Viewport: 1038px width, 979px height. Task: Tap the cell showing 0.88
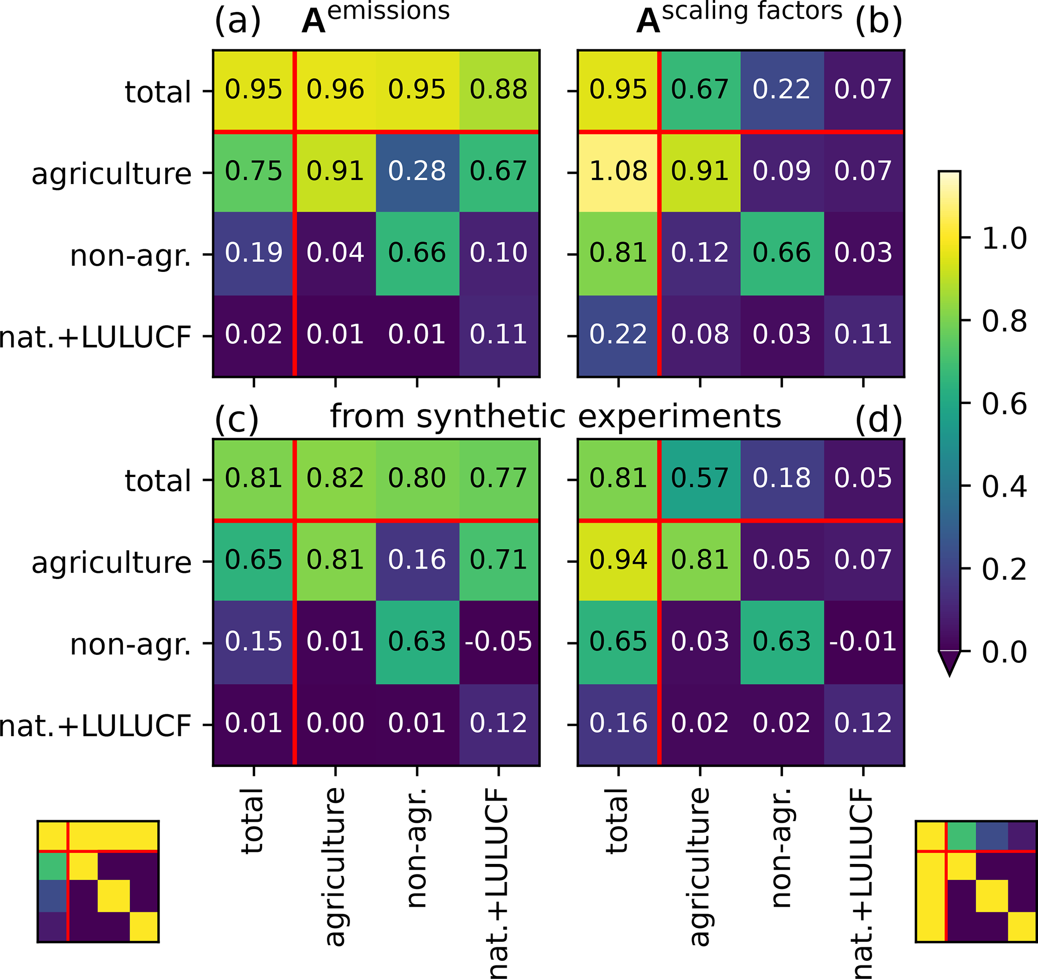point(498,90)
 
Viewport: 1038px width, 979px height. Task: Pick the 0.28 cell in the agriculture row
point(417,171)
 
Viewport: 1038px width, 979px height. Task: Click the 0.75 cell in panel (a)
point(253,171)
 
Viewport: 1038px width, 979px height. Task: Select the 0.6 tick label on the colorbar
point(1004,404)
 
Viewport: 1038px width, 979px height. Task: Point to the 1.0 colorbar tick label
point(1004,239)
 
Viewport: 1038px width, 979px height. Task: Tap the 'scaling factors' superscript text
point(752,11)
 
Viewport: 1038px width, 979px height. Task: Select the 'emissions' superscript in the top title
point(389,11)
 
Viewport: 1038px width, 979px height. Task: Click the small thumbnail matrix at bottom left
point(98,882)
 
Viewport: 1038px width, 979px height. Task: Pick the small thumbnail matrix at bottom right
point(975,882)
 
